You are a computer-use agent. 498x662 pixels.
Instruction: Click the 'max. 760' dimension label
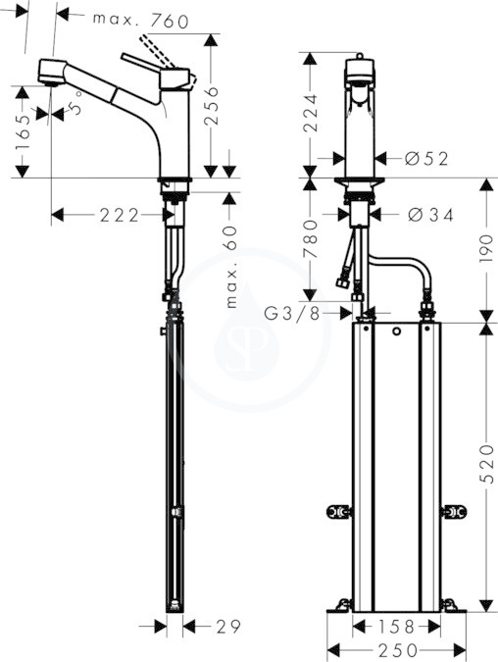(140, 21)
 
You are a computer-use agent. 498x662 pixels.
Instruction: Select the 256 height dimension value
(211, 106)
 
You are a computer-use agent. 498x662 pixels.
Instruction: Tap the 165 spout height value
(23, 132)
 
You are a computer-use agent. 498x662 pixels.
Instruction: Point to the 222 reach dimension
(120, 216)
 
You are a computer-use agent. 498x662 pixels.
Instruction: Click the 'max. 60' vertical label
(231, 266)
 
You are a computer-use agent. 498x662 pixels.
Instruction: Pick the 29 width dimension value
(228, 627)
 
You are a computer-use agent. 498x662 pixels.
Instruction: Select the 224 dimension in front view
(310, 113)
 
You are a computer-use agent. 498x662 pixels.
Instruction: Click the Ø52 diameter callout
(426, 159)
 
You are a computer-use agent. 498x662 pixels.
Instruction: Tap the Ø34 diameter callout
(430, 216)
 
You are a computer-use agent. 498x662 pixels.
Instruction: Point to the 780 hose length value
(310, 238)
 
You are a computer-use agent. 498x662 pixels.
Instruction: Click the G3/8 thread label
(292, 314)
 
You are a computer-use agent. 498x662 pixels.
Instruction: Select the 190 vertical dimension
(486, 249)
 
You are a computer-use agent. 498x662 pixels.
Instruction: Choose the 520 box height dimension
(486, 464)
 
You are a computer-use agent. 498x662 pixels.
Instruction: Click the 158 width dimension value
(397, 627)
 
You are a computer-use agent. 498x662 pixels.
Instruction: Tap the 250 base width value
(397, 650)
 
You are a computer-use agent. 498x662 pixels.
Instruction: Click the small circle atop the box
(396, 331)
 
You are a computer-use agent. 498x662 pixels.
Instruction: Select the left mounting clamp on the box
(339, 512)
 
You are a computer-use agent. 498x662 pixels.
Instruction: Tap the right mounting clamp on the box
(454, 512)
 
